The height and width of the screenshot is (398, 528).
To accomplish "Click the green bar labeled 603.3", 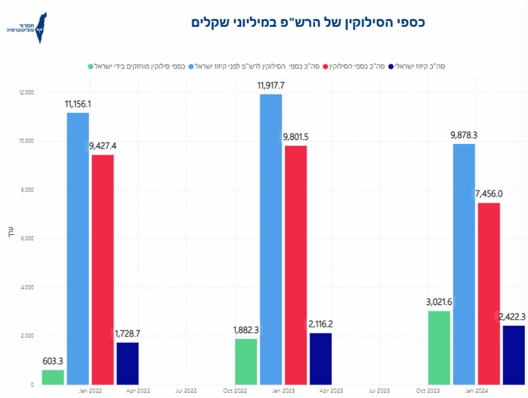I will point(53,377).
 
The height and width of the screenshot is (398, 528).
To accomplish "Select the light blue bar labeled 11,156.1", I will point(77,249).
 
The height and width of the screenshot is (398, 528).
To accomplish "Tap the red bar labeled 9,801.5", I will point(296,265).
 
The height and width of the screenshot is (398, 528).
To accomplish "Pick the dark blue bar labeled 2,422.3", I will point(513,355).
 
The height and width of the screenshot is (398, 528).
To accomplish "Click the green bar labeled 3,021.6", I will point(439,348).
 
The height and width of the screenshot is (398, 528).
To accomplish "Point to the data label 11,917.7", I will point(271,86).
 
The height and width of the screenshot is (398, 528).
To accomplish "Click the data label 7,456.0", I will point(489,194).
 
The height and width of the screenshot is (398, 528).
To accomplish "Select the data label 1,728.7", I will point(127,333).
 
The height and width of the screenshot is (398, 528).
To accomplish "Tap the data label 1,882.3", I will point(246,330).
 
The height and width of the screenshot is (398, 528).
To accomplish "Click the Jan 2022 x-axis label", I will point(90,391).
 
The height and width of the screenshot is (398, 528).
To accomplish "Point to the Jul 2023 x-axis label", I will point(379,391).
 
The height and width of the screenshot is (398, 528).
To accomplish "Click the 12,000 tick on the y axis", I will point(27,92).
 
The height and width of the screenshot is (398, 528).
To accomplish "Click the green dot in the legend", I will point(90,66).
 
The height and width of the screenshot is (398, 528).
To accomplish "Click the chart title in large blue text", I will point(308,22).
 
